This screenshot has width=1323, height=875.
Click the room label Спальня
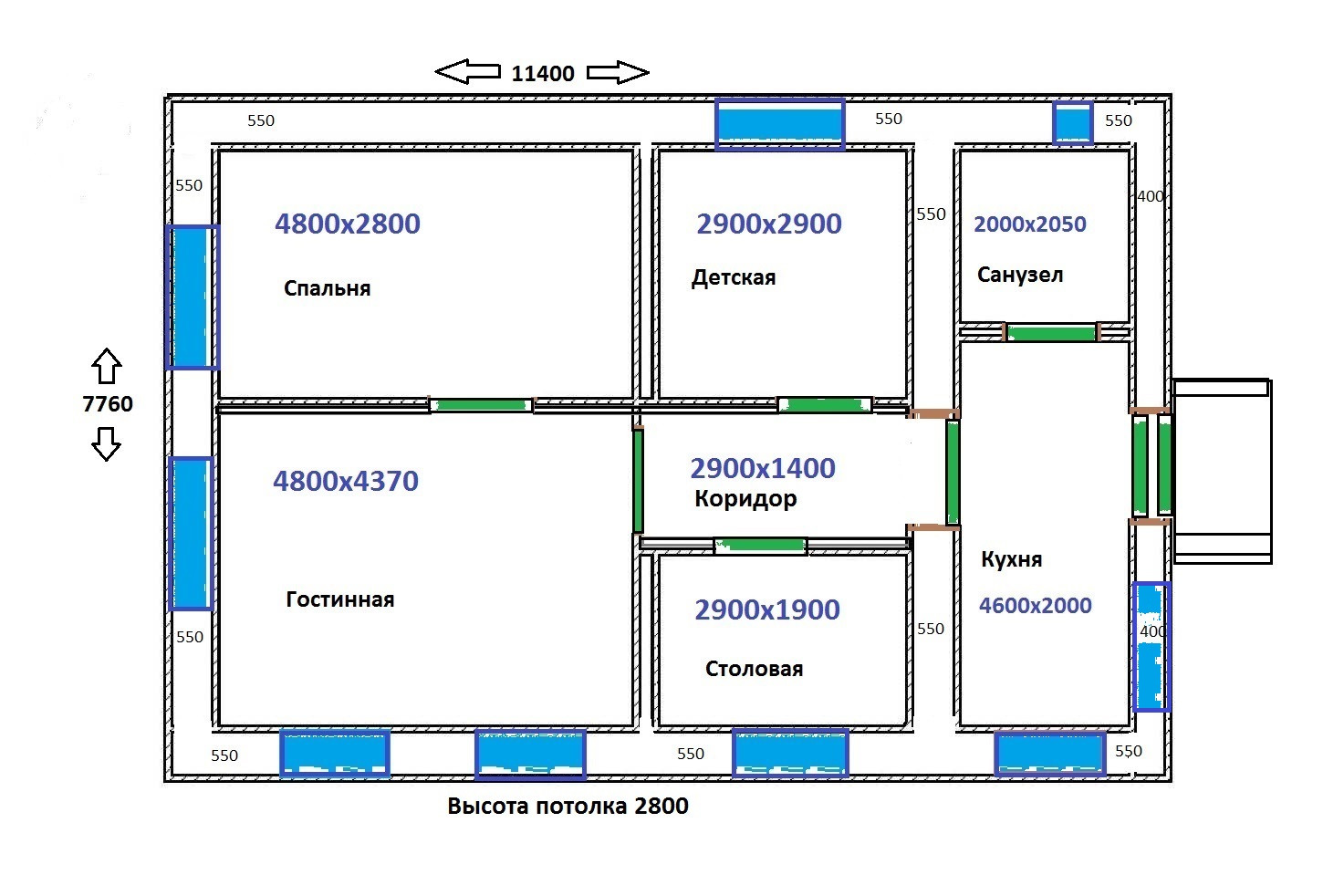coord(327,288)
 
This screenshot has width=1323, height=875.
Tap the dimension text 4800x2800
coord(348,224)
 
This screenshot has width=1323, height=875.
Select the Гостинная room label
coord(340,599)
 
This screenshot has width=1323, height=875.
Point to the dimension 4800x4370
coord(346,481)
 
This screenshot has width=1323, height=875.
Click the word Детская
coord(734,277)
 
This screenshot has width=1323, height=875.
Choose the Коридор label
coord(745,499)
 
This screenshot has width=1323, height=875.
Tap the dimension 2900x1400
coord(763,468)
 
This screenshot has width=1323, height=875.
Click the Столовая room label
coord(754,669)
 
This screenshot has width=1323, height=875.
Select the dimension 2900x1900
coord(767,609)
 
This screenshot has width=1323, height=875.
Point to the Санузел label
coord(1020,275)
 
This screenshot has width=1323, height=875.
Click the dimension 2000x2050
coord(1030,224)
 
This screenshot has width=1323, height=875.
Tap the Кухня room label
coord(1011,559)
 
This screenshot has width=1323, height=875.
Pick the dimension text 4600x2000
coord(1036,605)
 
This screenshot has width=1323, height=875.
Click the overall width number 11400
coord(543,74)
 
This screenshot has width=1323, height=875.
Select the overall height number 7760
coord(108,404)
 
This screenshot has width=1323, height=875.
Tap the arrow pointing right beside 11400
coord(617,72)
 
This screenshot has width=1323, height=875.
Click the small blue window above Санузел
coord(1073,122)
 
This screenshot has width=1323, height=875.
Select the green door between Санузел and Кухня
coord(1050,333)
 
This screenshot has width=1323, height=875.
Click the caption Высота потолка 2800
coord(568,807)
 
